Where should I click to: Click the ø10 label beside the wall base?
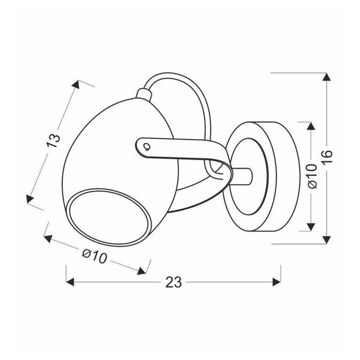tap(311, 177)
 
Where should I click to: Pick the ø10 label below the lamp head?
tap(94, 256)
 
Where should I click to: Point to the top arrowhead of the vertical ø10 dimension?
tap(310, 127)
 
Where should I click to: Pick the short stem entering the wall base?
tap(243, 176)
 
